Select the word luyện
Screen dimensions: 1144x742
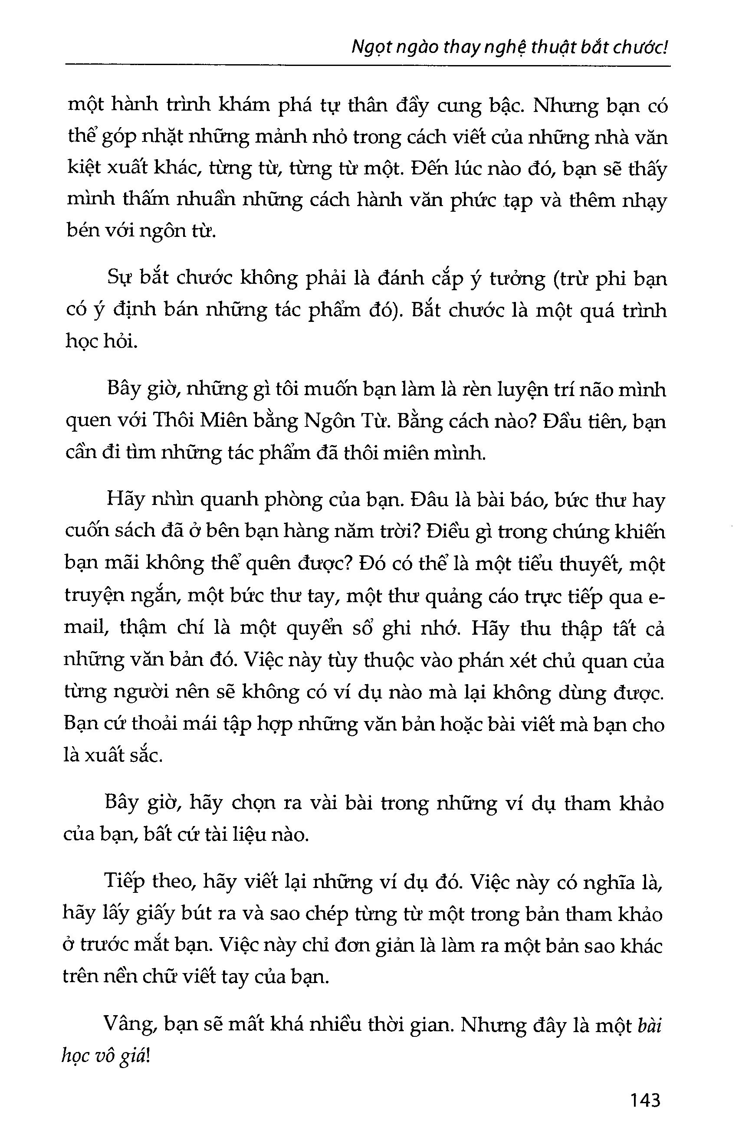click(x=529, y=390)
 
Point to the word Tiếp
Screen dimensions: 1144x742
click(x=125, y=883)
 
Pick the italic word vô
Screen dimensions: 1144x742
click(x=102, y=1058)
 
